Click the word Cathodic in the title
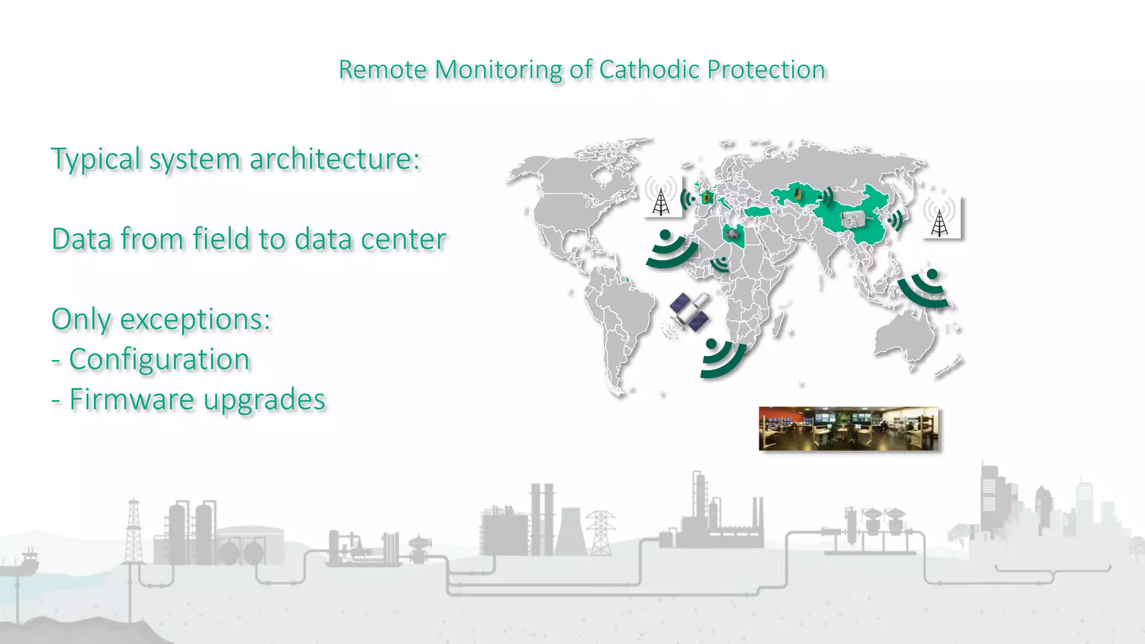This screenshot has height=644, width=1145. tap(649, 70)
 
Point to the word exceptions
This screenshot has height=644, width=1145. tap(196, 319)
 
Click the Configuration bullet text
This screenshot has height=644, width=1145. tap(159, 359)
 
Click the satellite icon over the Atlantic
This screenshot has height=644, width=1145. tap(689, 314)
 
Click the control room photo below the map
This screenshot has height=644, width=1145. tap(849, 428)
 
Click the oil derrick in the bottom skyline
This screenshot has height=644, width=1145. tap(133, 531)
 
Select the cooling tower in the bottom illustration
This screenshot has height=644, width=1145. tap(571, 531)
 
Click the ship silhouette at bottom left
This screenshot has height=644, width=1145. tap(22, 562)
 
